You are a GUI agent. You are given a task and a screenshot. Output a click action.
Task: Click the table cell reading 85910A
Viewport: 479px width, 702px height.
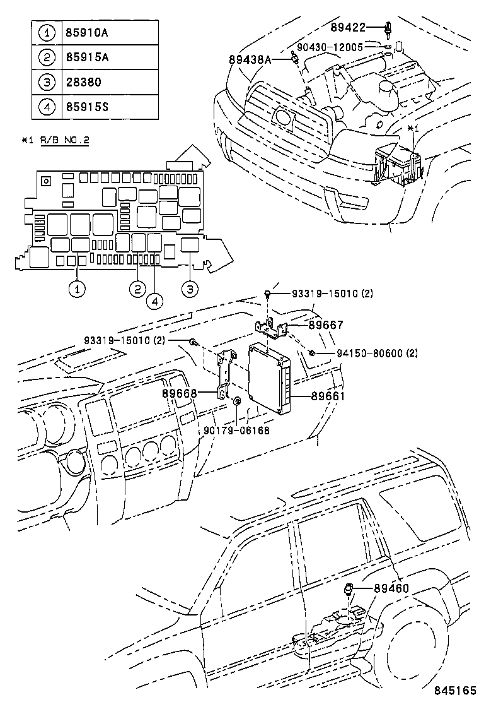coord(86,32)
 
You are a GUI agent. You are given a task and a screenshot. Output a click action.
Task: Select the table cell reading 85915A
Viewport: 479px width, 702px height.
coord(86,57)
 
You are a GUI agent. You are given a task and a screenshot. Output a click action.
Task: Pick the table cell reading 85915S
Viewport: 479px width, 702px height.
coord(86,107)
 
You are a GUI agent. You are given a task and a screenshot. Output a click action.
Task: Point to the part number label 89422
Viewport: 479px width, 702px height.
coord(347,28)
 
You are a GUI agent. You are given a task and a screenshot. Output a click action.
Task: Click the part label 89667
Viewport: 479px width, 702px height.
coord(326,325)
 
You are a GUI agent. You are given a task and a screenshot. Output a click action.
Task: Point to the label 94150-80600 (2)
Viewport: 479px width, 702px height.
coord(367,353)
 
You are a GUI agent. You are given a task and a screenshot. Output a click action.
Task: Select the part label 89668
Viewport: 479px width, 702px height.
coord(180,393)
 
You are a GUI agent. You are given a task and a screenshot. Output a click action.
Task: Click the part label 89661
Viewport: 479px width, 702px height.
coord(326,396)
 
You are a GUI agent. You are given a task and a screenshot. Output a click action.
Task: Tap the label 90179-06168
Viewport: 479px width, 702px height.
coord(236,431)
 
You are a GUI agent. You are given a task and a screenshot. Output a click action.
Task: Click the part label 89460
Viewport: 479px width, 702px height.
coord(391,588)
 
